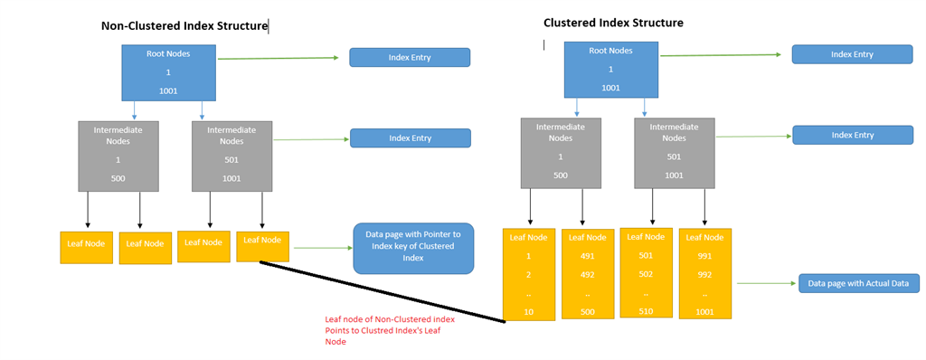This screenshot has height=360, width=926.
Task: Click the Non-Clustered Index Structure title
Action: pos(184,26)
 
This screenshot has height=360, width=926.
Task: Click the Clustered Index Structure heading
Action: pos(613,23)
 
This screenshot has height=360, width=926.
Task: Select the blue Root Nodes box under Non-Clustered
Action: pos(168,72)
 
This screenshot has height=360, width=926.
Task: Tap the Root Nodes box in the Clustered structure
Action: pos(610,70)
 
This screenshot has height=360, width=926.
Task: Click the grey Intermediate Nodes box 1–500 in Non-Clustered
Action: pos(118,156)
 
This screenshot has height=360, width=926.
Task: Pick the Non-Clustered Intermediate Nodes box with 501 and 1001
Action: pos(231,156)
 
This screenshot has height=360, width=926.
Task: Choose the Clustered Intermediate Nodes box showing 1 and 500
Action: pos(560,155)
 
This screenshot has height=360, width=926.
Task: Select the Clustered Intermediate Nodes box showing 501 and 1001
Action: pos(674,155)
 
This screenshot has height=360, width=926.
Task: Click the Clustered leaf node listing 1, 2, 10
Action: pos(528,274)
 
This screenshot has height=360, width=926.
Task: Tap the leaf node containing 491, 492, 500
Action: pos(587,274)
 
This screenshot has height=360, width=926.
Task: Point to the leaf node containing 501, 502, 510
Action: pos(646,273)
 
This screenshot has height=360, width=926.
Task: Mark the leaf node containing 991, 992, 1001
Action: pos(704,273)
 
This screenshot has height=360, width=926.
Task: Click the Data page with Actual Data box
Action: pos(858,284)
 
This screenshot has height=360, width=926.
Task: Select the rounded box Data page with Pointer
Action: pos(412,246)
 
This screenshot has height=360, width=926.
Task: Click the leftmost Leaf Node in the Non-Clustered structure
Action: pos(86,247)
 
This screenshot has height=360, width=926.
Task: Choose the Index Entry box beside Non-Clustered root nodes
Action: pos(410,58)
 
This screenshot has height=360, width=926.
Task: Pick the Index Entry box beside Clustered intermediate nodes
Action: pos(852,135)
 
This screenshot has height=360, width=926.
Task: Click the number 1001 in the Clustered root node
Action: pos(610,88)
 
